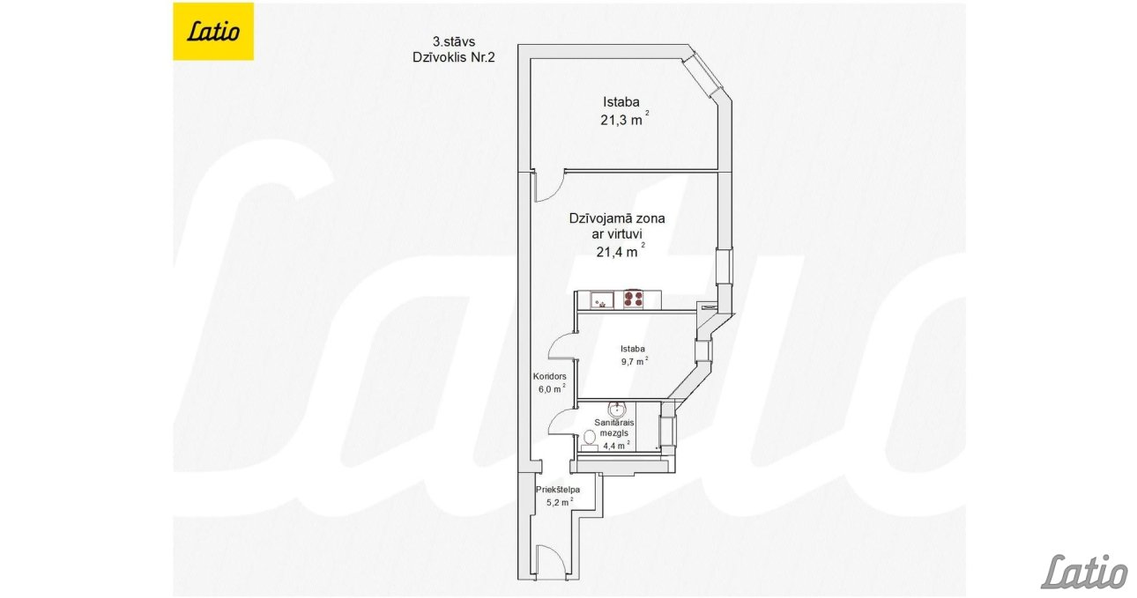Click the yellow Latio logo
[x=213, y=32]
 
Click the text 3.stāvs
[x=454, y=41]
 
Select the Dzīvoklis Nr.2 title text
[x=453, y=57]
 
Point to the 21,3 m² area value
[x=624, y=119]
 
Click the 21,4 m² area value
[x=621, y=251]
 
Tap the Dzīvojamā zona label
[x=617, y=218]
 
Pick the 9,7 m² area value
[x=635, y=361]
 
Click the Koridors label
[x=550, y=376]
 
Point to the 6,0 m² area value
[x=552, y=389]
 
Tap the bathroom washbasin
[x=617, y=409]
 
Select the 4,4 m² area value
[x=616, y=446]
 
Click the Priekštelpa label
[x=558, y=490]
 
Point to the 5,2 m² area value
[x=560, y=502]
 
